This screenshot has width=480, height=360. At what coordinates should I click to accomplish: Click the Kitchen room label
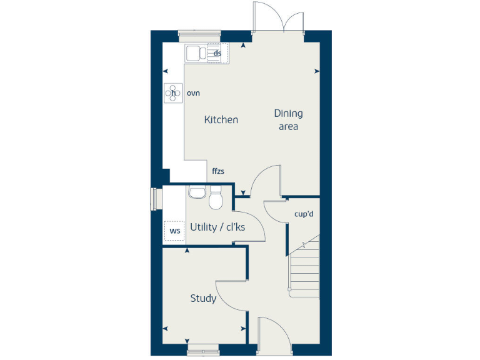click(221, 119)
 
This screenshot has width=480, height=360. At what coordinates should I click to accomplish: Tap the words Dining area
click(288, 119)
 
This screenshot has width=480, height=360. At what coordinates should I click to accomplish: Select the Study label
click(203, 298)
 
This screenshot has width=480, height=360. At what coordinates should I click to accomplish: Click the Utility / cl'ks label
click(217, 227)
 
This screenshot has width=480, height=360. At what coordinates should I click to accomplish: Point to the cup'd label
click(304, 214)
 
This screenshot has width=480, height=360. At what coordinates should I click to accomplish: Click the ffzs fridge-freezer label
click(218, 170)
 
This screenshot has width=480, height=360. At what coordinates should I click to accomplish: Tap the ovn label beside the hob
click(192, 93)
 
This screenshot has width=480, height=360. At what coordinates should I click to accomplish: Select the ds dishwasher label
click(217, 53)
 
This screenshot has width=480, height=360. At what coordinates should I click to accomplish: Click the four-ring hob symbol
click(172, 93)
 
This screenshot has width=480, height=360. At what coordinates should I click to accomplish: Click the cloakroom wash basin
click(197, 192)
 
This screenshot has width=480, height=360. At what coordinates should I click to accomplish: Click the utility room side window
click(154, 199)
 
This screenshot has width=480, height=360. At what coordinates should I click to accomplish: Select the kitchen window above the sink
click(199, 33)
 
